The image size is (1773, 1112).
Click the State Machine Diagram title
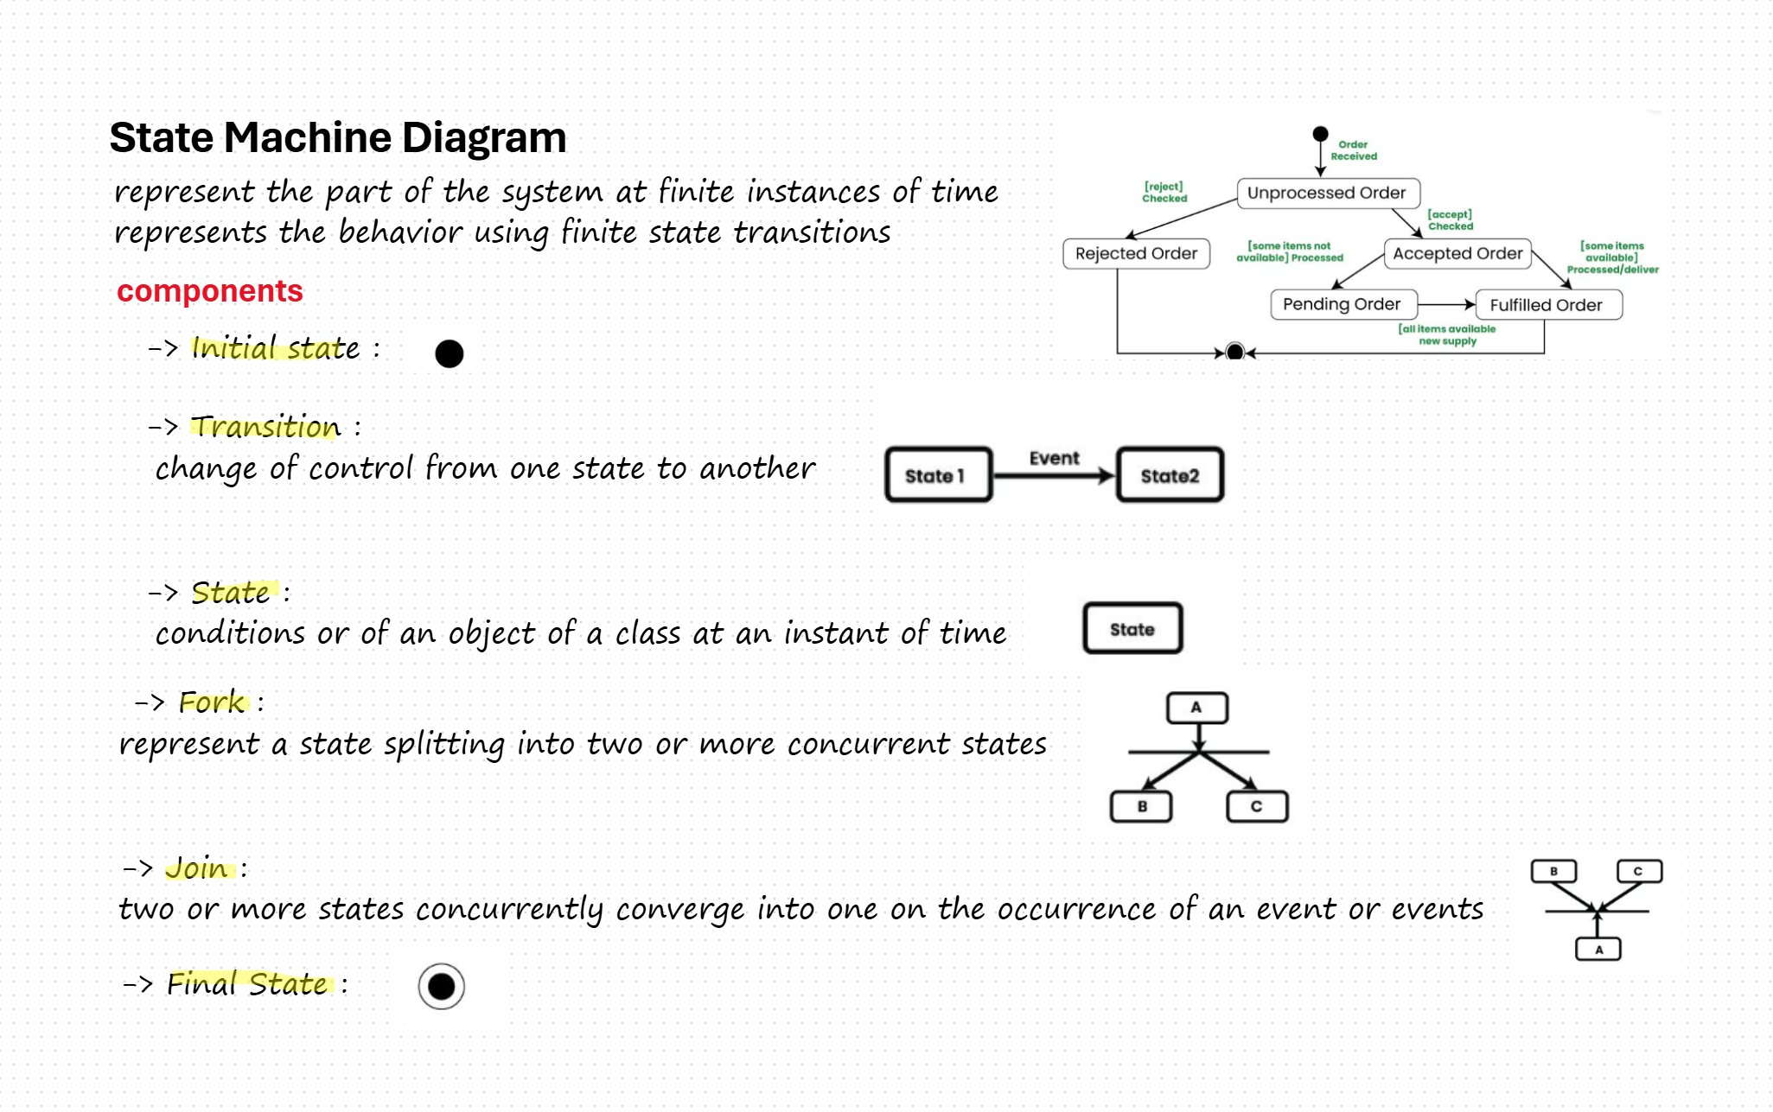(337, 137)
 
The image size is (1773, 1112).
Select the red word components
(210, 291)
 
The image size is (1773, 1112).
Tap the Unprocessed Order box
(1326, 193)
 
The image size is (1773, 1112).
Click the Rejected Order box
(1136, 253)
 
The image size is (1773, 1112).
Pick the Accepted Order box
(1457, 253)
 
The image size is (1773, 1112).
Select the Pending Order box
(1342, 304)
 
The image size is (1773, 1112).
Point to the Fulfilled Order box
(1546, 305)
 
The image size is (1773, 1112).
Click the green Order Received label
(1353, 150)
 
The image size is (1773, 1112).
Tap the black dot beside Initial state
(450, 353)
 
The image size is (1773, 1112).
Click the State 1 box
(938, 475)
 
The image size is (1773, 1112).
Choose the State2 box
(1170, 475)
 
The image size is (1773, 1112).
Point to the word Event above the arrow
(1054, 458)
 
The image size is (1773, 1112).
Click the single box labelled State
(1132, 629)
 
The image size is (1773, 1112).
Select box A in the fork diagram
(1196, 708)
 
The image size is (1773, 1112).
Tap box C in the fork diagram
(1257, 806)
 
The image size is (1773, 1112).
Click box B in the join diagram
(1553, 871)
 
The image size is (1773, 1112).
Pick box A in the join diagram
(1598, 950)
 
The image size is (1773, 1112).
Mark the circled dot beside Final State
(442, 986)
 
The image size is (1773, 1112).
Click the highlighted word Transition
(265, 426)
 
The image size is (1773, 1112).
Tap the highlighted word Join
(197, 867)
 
